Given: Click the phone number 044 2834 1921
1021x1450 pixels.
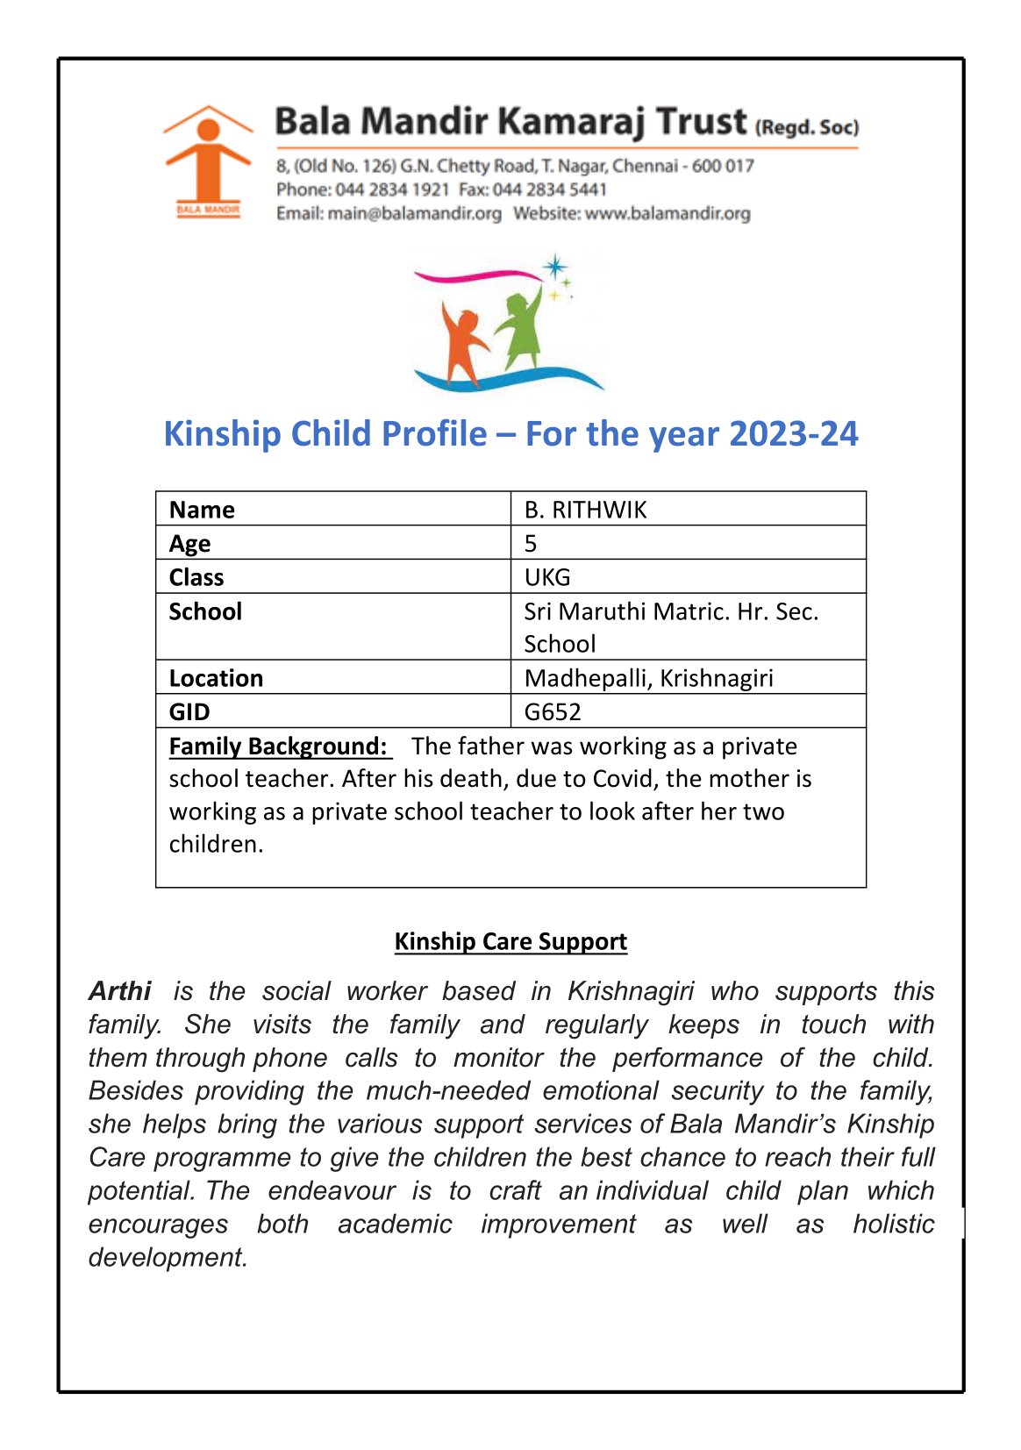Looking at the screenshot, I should pyautogui.click(x=392, y=189).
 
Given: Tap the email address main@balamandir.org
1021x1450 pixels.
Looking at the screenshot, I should pyautogui.click(x=414, y=213).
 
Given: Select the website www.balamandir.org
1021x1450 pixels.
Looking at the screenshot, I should pyautogui.click(x=667, y=213).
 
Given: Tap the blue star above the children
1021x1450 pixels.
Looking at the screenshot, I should pyautogui.click(x=554, y=267).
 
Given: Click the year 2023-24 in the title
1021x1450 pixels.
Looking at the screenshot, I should pyautogui.click(x=793, y=434).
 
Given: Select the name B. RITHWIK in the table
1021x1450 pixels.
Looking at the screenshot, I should pyautogui.click(x=585, y=510).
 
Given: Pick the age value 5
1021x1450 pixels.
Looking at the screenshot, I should pyautogui.click(x=531, y=544).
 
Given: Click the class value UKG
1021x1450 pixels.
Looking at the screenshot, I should pyautogui.click(x=547, y=577).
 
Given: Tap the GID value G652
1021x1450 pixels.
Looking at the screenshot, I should pyautogui.click(x=553, y=711).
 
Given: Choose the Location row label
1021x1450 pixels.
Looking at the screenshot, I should pyautogui.click(x=216, y=678).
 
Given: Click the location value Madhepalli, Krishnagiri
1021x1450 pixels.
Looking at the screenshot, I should pyautogui.click(x=648, y=678).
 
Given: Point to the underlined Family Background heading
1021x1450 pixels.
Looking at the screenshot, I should pyautogui.click(x=278, y=746).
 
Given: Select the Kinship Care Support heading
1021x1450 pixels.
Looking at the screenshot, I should pyautogui.click(x=510, y=941).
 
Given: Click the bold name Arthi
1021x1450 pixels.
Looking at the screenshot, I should pyautogui.click(x=120, y=991).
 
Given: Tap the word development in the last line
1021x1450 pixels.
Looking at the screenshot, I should pyautogui.click(x=168, y=1257).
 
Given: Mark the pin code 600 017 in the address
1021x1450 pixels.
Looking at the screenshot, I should pyautogui.click(x=723, y=166).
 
